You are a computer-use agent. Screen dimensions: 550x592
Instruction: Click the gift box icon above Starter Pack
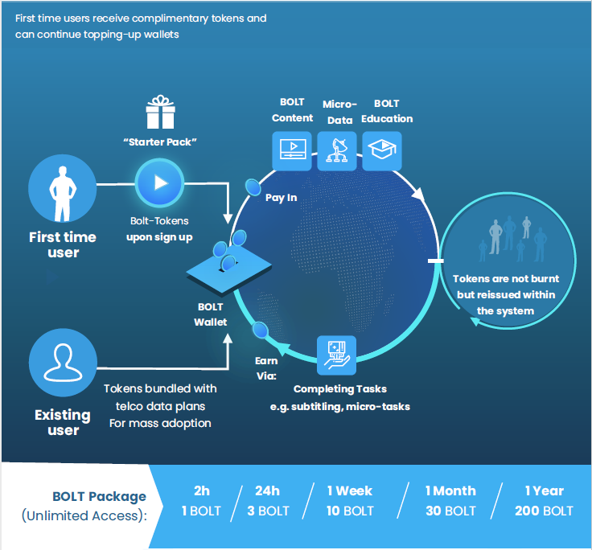[160, 113]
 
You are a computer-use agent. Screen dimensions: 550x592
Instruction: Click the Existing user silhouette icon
[62, 362]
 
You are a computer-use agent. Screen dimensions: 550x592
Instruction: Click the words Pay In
[281, 197]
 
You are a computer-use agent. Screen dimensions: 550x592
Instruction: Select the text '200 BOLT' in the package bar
[544, 511]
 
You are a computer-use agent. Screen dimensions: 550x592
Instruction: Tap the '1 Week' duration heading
[351, 490]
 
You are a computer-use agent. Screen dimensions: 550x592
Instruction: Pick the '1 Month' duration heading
[450, 490]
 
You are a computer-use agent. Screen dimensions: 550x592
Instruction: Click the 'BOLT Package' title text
[99, 496]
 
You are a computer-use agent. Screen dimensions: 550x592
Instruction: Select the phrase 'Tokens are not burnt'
[505, 279]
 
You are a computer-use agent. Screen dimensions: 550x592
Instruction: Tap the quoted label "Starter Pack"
[160, 142]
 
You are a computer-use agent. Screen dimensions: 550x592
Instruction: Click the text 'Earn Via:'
[266, 368]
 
